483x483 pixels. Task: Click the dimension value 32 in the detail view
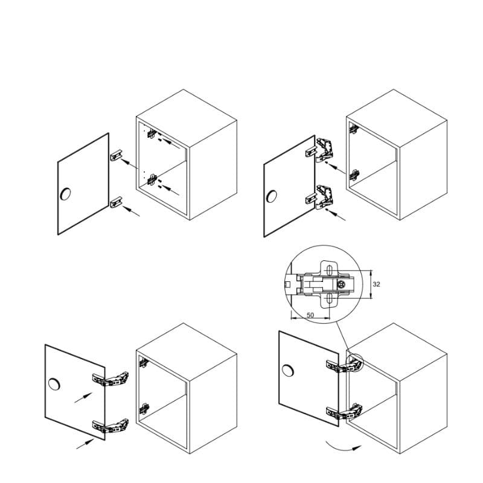(376, 284)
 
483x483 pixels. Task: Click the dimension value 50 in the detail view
(310, 315)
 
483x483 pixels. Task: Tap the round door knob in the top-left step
(65, 193)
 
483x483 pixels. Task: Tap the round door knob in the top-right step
(271, 196)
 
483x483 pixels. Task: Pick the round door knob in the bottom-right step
(288, 371)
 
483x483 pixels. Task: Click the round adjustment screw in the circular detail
(341, 284)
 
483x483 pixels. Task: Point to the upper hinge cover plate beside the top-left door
(117, 155)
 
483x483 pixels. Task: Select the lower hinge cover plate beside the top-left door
(117, 202)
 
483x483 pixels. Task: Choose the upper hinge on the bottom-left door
(110, 380)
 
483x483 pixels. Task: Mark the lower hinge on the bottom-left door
(110, 426)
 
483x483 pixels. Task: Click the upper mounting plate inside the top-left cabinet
(152, 133)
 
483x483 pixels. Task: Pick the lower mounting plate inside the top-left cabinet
(152, 179)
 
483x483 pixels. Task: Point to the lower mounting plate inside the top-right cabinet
(354, 175)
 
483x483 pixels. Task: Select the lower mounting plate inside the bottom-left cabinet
(144, 409)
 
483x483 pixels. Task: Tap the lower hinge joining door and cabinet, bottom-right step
(344, 412)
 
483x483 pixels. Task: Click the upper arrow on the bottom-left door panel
(83, 398)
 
